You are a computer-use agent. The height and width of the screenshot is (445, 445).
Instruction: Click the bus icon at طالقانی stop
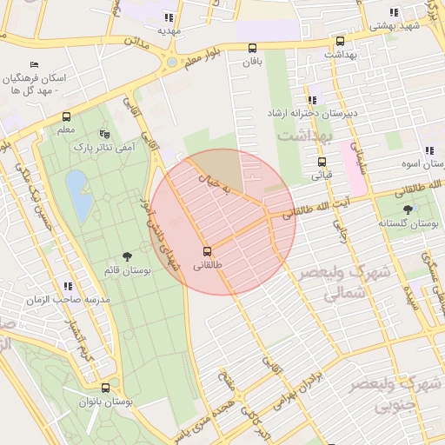pos(206,250)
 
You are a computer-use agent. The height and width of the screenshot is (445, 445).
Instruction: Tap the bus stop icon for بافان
pos(252,48)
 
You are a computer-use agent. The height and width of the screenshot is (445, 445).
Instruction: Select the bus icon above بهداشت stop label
pos(339,40)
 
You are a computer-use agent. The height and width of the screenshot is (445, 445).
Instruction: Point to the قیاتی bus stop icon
pos(322,161)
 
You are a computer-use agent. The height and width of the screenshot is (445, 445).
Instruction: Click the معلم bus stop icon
pos(66,116)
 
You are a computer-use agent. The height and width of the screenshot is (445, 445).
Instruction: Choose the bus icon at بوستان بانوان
pos(105,388)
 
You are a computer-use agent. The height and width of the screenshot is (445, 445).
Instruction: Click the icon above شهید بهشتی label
pos(394,12)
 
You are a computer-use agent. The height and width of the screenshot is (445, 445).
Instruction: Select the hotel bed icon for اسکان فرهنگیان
pos(34,64)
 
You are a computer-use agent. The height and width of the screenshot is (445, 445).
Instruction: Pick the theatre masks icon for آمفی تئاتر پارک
pos(104,134)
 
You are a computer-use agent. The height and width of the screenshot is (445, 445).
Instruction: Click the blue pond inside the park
pos(79,196)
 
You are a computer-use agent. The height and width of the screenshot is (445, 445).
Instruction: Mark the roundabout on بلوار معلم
pos(171,63)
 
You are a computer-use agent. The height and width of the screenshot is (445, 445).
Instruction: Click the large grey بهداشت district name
pos(305,137)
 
